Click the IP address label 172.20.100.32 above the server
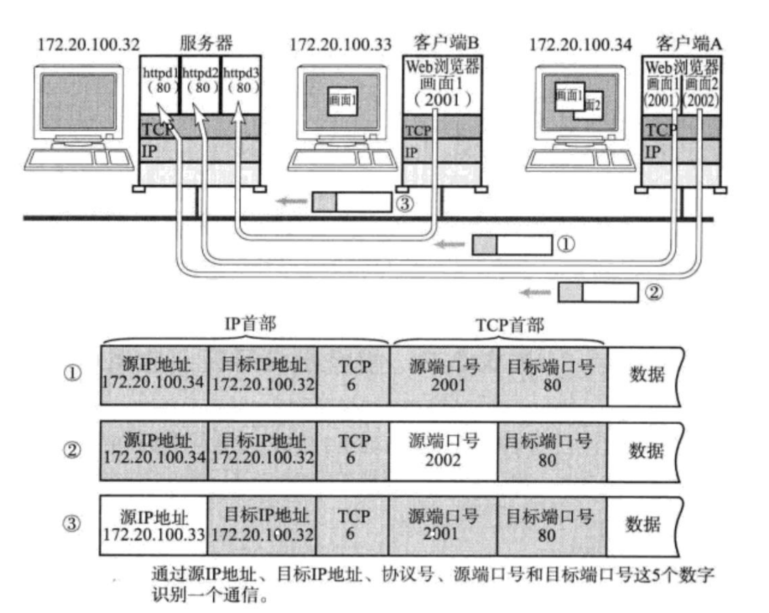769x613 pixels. [x=89, y=45]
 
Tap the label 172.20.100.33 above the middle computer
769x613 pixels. [x=340, y=45]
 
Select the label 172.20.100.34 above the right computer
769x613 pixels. [x=580, y=45]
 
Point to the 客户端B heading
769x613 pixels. [x=446, y=43]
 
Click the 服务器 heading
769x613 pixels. [x=206, y=43]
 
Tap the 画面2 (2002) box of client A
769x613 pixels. [x=701, y=92]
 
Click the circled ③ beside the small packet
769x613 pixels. [x=405, y=204]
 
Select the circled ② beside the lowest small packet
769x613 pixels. [x=653, y=292]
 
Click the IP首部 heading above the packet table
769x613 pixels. [x=250, y=324]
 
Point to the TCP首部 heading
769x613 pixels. [x=510, y=326]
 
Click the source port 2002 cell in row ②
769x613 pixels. [x=444, y=451]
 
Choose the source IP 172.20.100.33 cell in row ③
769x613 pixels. [x=154, y=525]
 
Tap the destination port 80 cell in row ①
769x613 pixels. [x=552, y=376]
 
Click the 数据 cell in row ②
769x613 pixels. [x=646, y=451]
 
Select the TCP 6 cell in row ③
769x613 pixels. [x=352, y=525]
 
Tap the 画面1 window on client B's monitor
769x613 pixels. [x=342, y=100]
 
